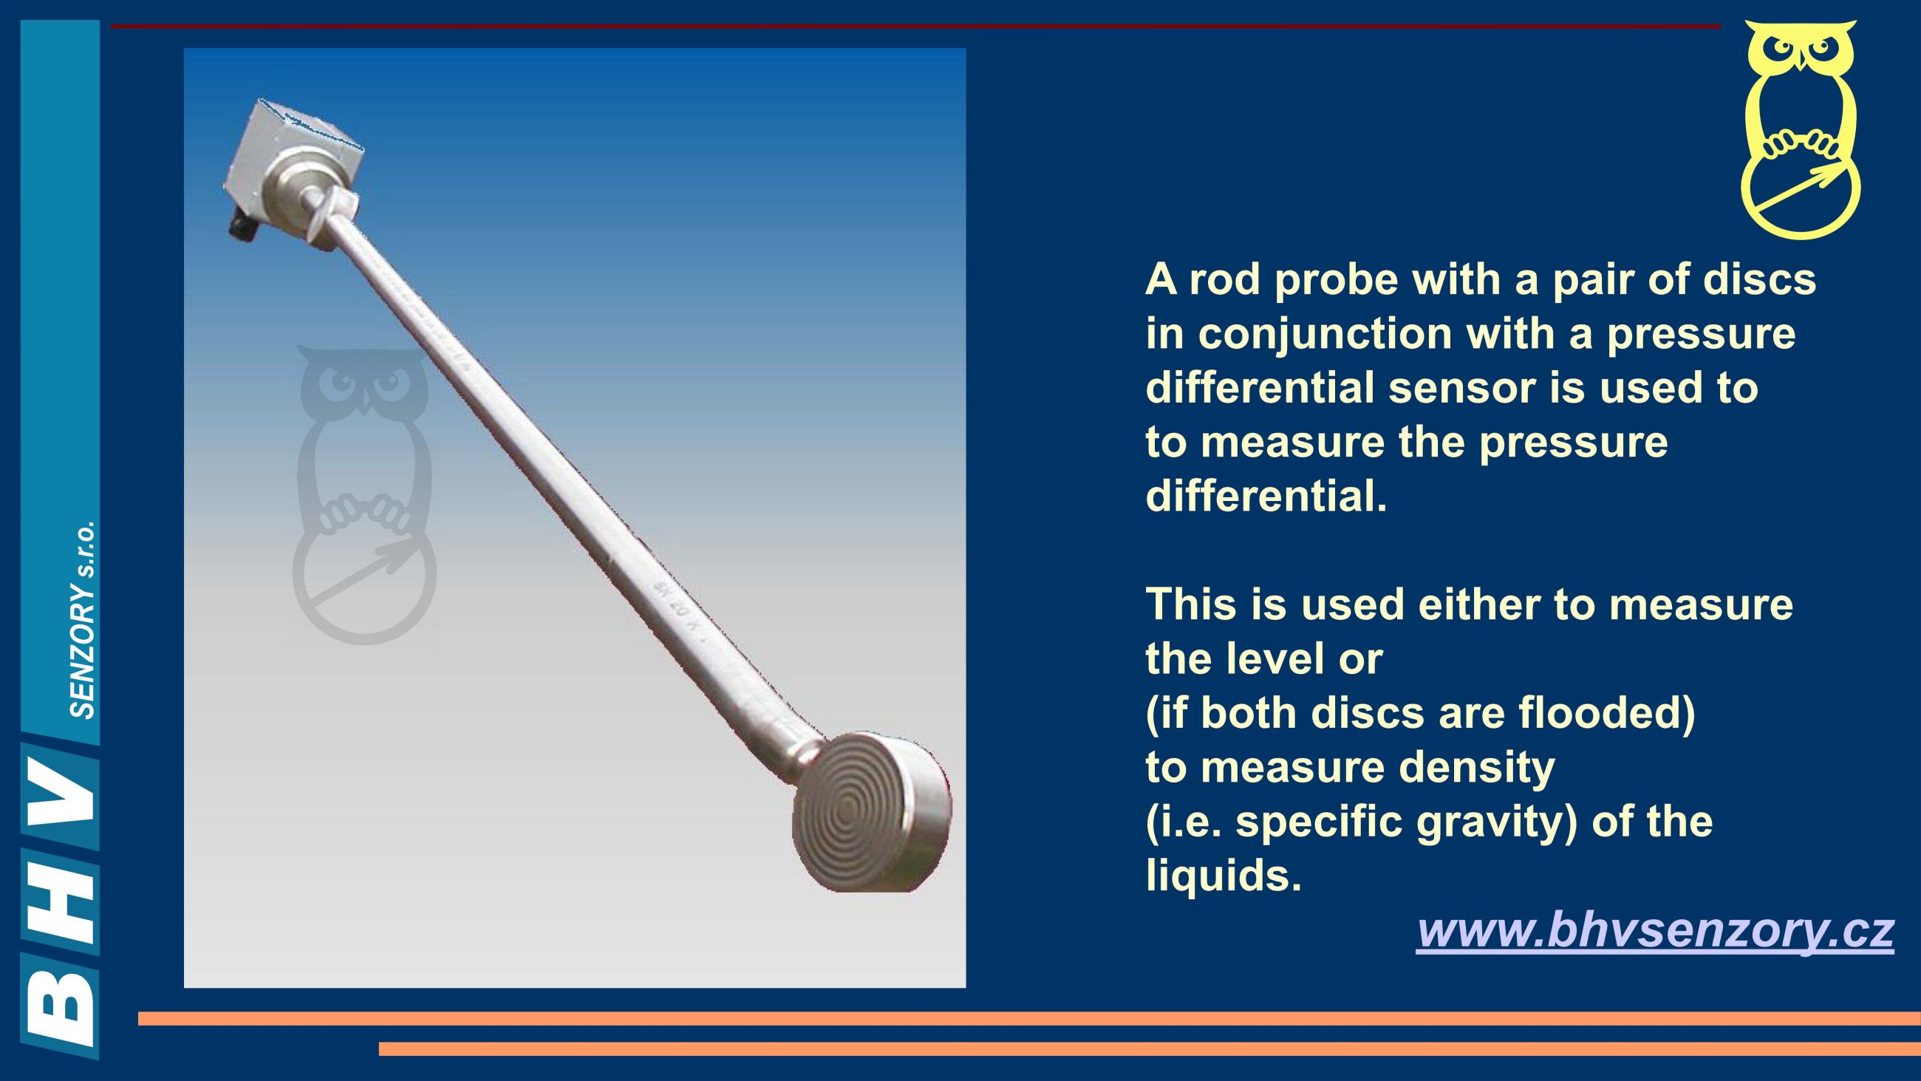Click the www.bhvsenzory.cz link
pyautogui.click(x=1655, y=932)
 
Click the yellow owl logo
pyautogui.click(x=1800, y=130)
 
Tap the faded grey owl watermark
pyautogui.click(x=364, y=494)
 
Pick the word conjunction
pyautogui.click(x=1325, y=335)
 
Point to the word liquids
pyautogui.click(x=1223, y=876)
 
